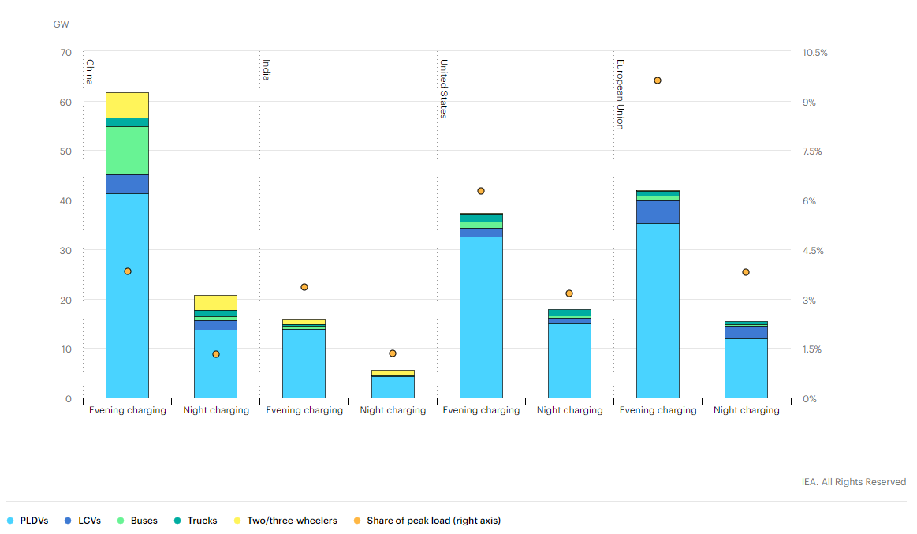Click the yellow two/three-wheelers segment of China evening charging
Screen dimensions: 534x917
point(127,105)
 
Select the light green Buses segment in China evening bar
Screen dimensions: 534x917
point(127,150)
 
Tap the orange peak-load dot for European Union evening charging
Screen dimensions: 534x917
point(657,80)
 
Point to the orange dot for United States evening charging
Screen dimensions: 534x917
point(480,191)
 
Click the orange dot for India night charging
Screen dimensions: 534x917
point(393,353)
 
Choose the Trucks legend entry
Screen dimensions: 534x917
point(196,521)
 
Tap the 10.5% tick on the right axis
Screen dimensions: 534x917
point(814,53)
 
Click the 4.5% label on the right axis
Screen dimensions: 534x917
point(812,251)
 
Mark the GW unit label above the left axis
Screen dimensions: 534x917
point(61,24)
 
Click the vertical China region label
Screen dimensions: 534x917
point(90,72)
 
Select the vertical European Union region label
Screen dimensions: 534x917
point(621,94)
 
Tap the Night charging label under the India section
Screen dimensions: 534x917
point(393,410)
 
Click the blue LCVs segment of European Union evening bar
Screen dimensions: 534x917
point(657,212)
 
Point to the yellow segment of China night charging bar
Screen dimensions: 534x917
point(215,302)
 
